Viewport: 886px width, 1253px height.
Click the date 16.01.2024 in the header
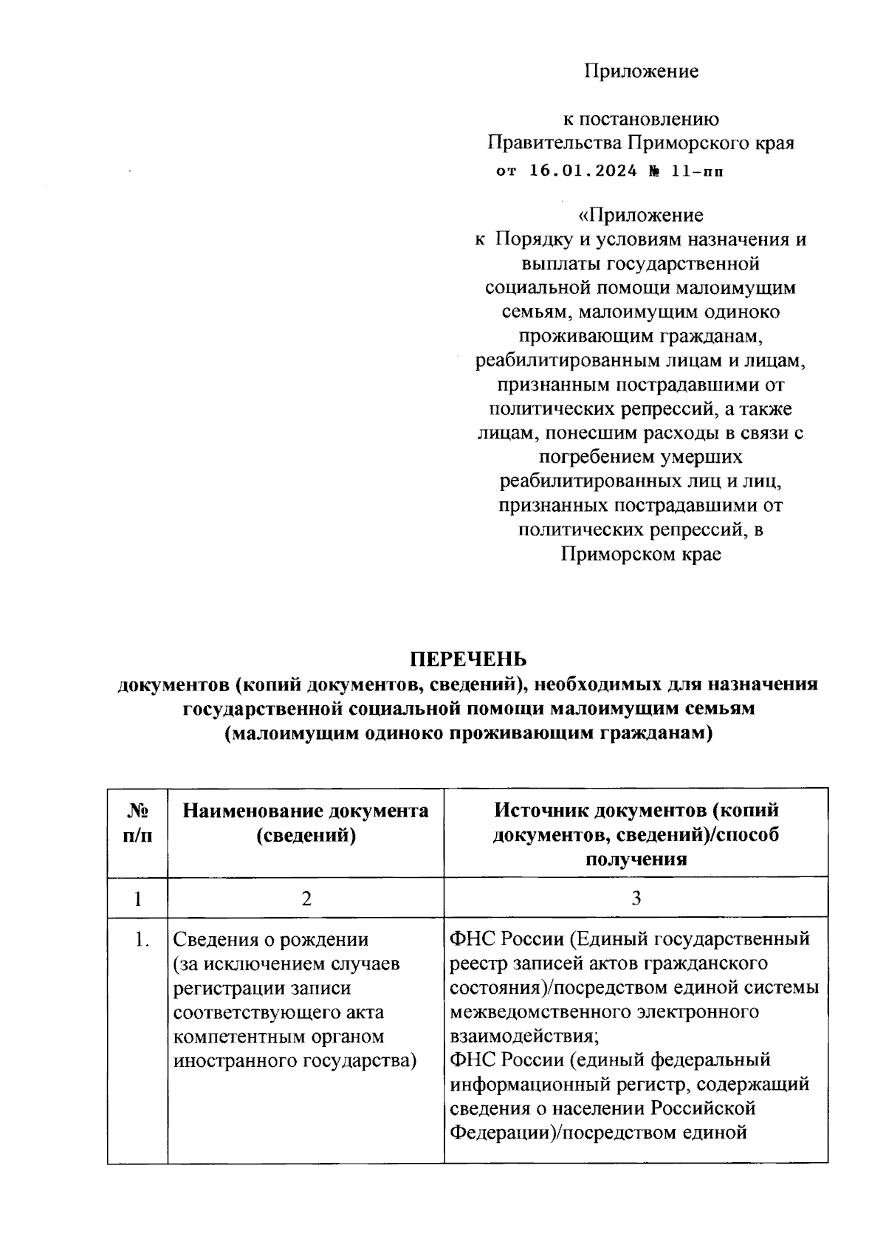pos(583,171)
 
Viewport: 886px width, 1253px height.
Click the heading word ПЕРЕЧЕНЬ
pos(468,659)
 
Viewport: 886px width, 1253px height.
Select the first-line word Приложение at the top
pos(641,71)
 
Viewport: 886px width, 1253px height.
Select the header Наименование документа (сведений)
pos(305,823)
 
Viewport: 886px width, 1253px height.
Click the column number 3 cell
pos(636,898)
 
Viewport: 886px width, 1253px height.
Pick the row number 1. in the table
pos(142,939)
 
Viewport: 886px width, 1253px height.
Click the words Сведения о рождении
pos(270,939)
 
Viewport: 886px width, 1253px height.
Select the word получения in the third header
pos(636,859)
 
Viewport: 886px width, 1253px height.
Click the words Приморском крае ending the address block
pos(641,554)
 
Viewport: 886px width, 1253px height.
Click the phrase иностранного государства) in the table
pos(295,1060)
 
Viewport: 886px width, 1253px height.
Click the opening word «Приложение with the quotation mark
pos(641,215)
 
